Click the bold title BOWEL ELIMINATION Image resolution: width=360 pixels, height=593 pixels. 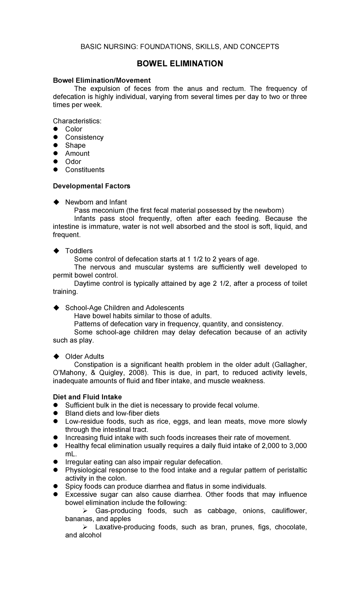(x=180, y=64)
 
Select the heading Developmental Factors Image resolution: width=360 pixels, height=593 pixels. (x=91, y=186)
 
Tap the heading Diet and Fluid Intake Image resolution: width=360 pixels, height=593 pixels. (x=87, y=397)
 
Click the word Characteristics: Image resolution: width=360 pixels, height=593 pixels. (x=77, y=121)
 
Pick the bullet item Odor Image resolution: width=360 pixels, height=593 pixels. (x=73, y=161)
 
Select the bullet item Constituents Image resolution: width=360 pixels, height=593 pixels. (x=85, y=170)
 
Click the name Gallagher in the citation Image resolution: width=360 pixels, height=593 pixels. (x=291, y=365)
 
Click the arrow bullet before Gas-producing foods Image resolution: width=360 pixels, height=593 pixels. (x=85, y=511)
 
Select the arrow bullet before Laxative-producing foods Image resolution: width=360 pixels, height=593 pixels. (x=85, y=527)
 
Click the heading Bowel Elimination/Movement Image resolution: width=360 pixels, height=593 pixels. (x=102, y=80)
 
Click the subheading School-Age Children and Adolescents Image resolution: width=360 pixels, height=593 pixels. (x=124, y=308)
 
